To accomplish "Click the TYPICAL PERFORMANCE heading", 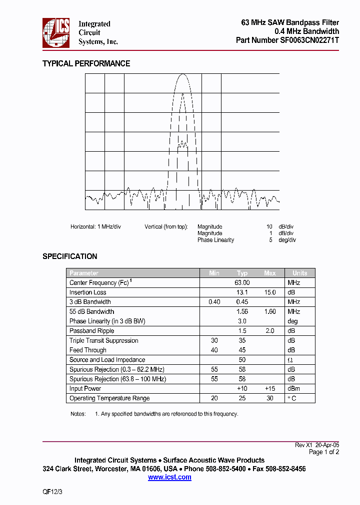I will tap(86, 63).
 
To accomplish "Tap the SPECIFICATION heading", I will tap(69, 256).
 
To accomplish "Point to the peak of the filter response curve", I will tap(182, 74).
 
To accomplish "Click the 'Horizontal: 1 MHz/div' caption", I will tap(95, 227).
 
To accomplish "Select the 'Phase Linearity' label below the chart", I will tap(215, 240).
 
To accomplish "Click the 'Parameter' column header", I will tap(84, 273).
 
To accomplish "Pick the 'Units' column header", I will tap(299, 273).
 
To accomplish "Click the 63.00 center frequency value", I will tap(242, 282).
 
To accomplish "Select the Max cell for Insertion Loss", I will tap(270, 292).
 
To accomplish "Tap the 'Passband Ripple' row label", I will tap(91, 331).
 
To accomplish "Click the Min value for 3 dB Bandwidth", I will tap(214, 302).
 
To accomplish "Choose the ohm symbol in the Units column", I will tap(290, 360).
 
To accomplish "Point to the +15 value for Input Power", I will tap(270, 389).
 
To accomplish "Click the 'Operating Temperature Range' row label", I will tap(109, 398).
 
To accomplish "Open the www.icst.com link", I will tap(169, 478).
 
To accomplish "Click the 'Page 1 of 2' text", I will tap(323, 452).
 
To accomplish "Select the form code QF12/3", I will tap(52, 492).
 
